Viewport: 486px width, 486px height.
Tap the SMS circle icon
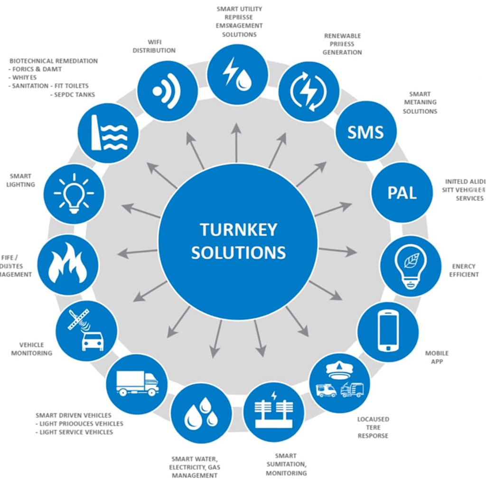pyautogui.click(x=365, y=131)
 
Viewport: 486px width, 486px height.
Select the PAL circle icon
pyautogui.click(x=402, y=193)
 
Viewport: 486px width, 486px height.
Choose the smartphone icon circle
pyautogui.click(x=388, y=330)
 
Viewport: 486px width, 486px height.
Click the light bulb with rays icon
pyautogui.click(x=74, y=194)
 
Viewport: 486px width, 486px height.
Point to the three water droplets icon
pyautogui.click(x=201, y=413)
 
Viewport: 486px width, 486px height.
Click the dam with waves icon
pyautogui.click(x=108, y=133)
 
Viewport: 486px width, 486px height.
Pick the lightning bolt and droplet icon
pyautogui.click(x=237, y=74)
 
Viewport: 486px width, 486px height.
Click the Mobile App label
pyautogui.click(x=436, y=357)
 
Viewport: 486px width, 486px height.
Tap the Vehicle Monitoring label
pyautogui.click(x=31, y=349)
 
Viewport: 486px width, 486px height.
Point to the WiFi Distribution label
pyautogui.click(x=154, y=46)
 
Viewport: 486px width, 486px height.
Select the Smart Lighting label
pyautogui.click(x=21, y=180)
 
